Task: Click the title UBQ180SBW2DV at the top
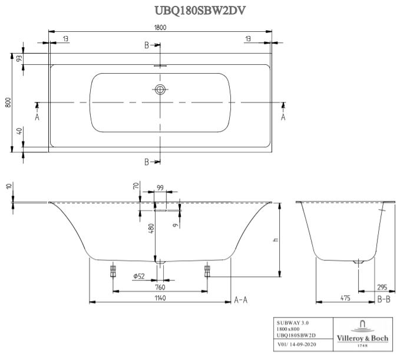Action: coord(200,10)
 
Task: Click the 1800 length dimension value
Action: coord(160,27)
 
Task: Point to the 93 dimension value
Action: coord(19,58)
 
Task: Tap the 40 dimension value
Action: coord(19,132)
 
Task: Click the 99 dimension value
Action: coord(160,187)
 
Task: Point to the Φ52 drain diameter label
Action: coord(139,276)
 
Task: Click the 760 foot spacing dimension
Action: coord(160,287)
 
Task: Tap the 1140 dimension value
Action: coord(160,299)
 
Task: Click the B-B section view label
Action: coord(383,299)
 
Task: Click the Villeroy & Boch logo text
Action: coord(362,338)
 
